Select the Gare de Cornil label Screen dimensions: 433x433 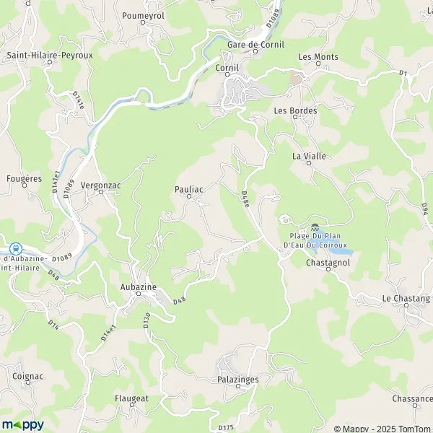(253, 44)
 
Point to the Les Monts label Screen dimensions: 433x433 (318, 56)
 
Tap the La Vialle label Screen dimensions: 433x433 (306, 155)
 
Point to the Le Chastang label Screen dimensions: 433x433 (406, 298)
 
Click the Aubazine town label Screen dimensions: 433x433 (138, 287)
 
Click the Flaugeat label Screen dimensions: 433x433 (131, 398)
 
